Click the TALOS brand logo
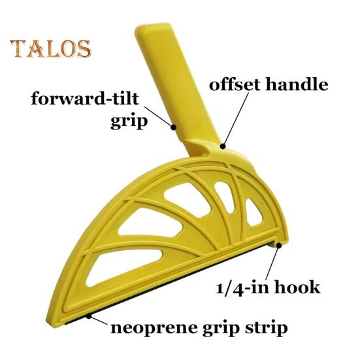(x=50, y=49)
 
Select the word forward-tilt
(x=85, y=98)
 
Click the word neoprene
(x=154, y=329)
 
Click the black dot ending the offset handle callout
(x=223, y=146)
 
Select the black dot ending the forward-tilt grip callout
(x=173, y=127)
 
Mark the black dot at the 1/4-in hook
(x=279, y=246)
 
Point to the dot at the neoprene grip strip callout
(x=89, y=316)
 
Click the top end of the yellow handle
(x=153, y=25)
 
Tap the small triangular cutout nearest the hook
(x=253, y=212)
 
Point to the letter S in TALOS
(x=84, y=49)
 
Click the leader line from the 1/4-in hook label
(x=272, y=263)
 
